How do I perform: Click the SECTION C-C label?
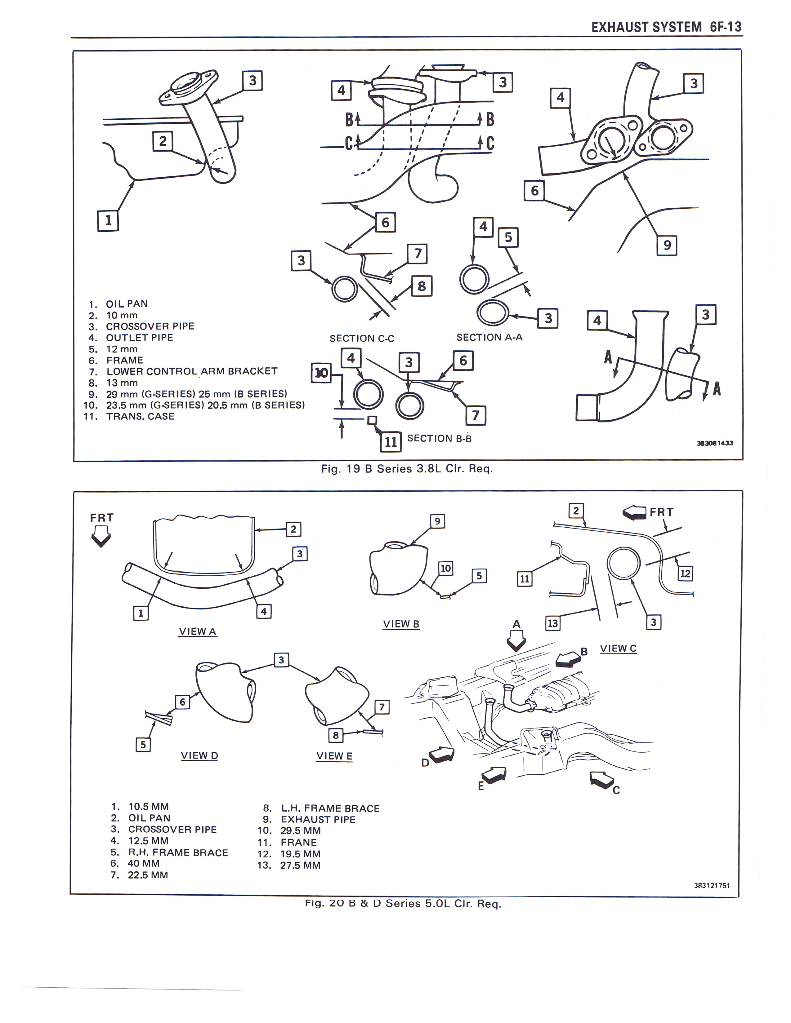[362, 338]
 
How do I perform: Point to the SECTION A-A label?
[489, 337]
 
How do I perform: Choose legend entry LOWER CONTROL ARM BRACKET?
[192, 371]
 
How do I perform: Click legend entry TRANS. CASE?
[140, 416]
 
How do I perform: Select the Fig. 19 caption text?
[406, 469]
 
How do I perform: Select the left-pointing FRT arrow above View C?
[634, 513]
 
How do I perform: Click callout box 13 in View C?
[553, 623]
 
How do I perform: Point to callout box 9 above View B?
[437, 521]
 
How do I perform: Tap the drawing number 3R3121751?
[712, 885]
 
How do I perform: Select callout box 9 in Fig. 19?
[667, 245]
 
